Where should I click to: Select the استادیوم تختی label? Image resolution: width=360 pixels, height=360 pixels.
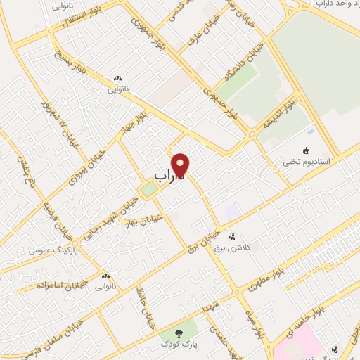point(306,162)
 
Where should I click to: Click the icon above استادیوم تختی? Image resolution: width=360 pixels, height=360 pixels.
point(306,150)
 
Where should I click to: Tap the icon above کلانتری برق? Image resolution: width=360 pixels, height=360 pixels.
point(242,238)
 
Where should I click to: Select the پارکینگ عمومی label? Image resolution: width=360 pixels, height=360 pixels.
point(52,250)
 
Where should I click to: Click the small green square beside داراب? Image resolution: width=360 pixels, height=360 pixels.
point(148,188)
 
